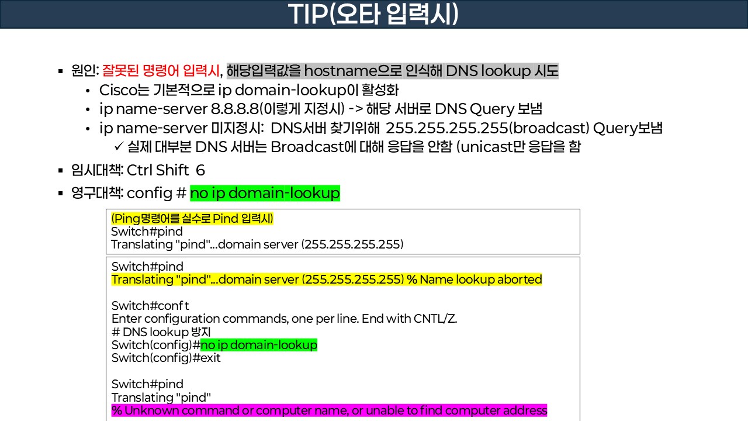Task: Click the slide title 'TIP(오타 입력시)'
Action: tap(374, 15)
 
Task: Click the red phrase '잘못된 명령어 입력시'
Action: tap(162, 71)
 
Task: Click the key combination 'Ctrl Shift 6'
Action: tap(165, 170)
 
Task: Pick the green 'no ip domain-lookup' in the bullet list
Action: tap(265, 193)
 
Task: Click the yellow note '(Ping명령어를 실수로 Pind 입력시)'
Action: tap(192, 219)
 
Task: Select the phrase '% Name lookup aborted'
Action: tap(474, 279)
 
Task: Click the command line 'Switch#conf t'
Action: tap(150, 306)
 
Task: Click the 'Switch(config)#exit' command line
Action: tap(166, 358)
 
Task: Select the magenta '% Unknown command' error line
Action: tap(329, 410)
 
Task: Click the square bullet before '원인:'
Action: tap(60, 71)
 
